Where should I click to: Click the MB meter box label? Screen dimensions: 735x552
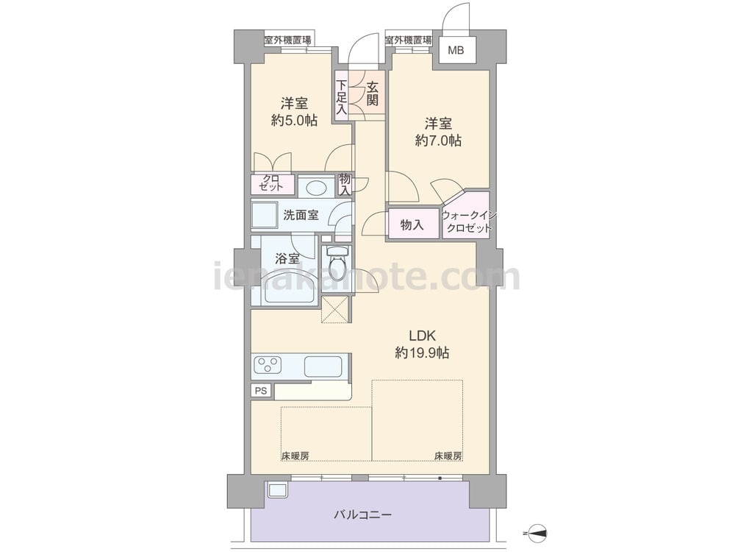coord(456,50)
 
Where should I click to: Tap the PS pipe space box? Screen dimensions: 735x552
coord(261,391)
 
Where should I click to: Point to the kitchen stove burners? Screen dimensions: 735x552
coord(268,366)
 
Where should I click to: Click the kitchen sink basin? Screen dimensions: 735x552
coord(323,367)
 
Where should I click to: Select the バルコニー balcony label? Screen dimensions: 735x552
coord(363,515)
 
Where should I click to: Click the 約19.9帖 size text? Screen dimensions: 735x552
coord(423,353)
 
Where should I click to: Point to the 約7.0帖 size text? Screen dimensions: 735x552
coord(438,141)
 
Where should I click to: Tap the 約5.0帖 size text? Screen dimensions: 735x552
coord(295,120)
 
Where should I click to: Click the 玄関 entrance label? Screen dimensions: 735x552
coord(373,94)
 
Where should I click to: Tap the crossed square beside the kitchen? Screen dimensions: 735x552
coord(336,309)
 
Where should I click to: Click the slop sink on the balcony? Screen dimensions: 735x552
coord(276,491)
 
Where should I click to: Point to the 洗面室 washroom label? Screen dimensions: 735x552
coord(301,215)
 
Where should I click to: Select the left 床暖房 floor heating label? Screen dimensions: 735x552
coord(295,456)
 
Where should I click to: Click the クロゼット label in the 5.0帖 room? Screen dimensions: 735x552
coord(270,183)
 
